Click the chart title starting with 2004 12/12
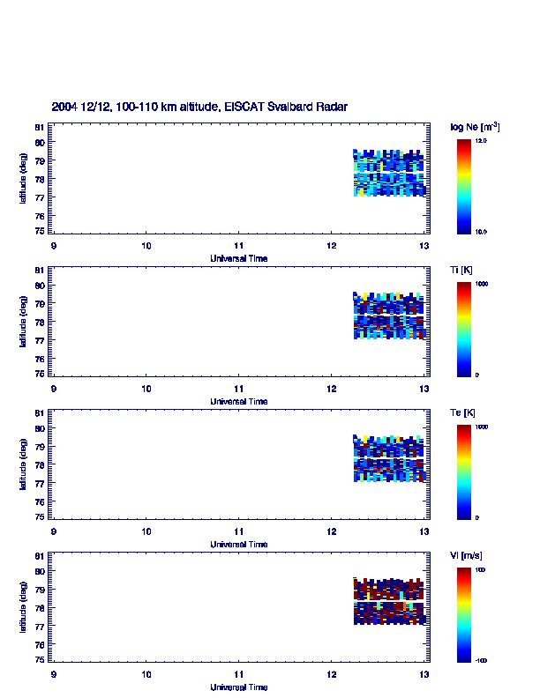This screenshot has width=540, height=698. pos(199,107)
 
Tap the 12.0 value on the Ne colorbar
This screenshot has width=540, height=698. pos(482,140)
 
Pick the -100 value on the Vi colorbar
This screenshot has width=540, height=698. pos(482,659)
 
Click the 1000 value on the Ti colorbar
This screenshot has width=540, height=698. pos(482,284)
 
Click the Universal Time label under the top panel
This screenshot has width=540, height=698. pos(239,258)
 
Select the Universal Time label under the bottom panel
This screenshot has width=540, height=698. pos(239,687)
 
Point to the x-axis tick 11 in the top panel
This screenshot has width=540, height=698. pos(239,245)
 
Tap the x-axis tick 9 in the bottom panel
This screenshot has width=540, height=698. pos(54,674)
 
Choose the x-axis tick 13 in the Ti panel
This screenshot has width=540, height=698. pos(424,389)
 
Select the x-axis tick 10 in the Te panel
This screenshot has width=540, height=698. pos(146,531)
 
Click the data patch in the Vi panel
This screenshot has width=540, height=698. pos(389,602)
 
